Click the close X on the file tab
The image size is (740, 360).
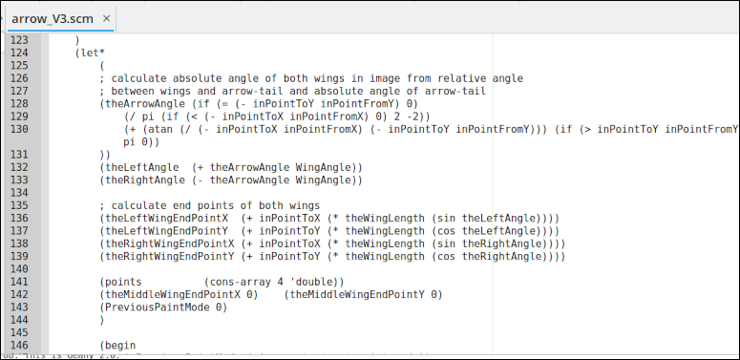click(106, 19)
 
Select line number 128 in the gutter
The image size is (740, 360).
click(19, 103)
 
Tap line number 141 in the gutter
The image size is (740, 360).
click(19, 282)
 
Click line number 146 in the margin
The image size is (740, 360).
click(19, 346)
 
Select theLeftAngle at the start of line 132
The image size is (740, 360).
click(140, 167)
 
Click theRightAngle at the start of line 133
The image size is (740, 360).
click(143, 180)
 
